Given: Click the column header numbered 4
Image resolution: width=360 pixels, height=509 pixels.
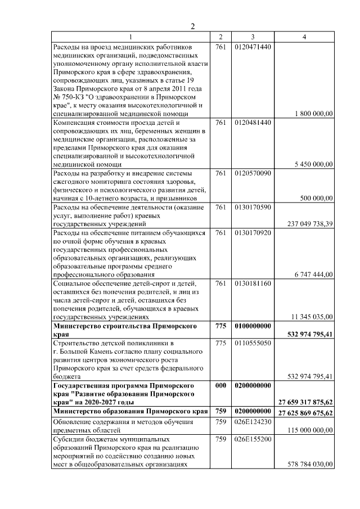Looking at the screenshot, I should click(x=304, y=37).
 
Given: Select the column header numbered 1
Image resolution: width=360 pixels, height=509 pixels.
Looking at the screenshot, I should click(x=130, y=37).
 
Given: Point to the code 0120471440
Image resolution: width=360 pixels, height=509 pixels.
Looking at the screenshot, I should click(x=253, y=46).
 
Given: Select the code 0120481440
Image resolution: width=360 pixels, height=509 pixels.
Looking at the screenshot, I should click(x=253, y=122).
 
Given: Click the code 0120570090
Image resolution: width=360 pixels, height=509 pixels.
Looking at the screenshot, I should click(x=253, y=173).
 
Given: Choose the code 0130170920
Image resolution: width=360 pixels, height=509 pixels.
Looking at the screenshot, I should click(x=253, y=232).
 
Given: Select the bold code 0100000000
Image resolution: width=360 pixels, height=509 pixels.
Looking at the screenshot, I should click(x=253, y=325).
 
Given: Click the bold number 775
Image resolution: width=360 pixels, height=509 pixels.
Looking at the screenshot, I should click(x=220, y=325).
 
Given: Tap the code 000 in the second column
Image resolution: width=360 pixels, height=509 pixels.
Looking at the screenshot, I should click(x=220, y=385).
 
